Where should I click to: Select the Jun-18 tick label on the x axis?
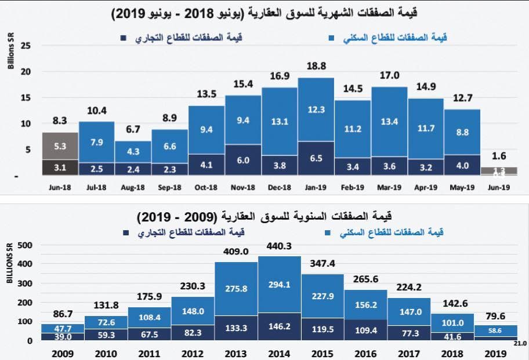point(60,188)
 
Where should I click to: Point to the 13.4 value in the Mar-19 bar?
point(389,121)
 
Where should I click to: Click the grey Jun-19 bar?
point(498,170)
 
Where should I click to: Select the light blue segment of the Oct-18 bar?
point(206,130)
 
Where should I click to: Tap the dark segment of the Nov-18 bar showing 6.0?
point(243,160)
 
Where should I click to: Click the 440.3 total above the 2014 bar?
point(280,246)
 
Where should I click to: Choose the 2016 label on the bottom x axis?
point(366,352)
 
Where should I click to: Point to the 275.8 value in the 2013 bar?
point(236,288)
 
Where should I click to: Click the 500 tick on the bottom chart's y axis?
point(25,245)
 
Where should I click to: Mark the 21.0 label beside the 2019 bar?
point(520,343)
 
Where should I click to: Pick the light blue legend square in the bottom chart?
point(327,232)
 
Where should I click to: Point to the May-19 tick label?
point(462,188)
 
